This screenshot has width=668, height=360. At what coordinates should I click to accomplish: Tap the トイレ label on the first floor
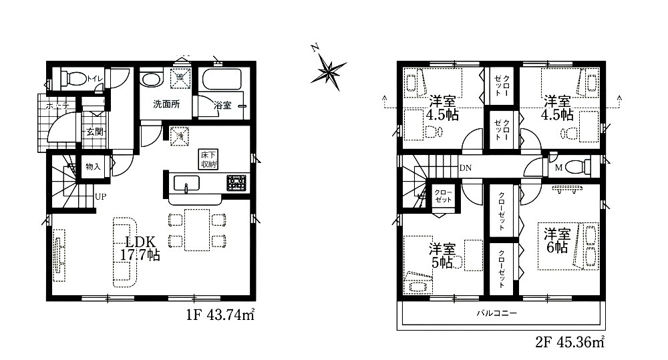coord(95,81)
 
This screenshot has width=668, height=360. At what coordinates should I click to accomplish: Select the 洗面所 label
coord(166,105)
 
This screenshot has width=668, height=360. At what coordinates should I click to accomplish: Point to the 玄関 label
coord(94,132)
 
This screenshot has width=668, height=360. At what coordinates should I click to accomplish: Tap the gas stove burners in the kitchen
coord(237,182)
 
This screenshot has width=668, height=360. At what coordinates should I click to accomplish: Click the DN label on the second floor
coord(464,169)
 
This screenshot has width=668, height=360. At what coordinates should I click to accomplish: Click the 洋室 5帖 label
coord(442,256)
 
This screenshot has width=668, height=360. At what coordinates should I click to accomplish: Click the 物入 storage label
coord(93,166)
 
